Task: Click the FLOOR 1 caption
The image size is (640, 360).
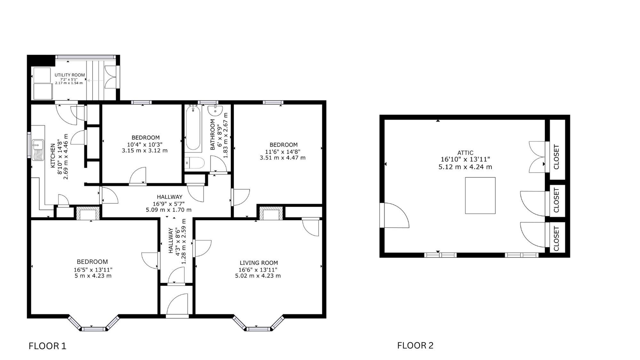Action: click(47, 346)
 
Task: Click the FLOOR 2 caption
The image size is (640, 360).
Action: click(415, 345)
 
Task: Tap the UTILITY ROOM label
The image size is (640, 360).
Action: click(70, 75)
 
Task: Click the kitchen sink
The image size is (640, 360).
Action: click(38, 149)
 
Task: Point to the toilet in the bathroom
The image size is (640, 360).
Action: click(195, 163)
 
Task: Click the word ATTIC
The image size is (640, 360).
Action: click(465, 153)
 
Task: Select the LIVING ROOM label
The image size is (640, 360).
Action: click(259, 263)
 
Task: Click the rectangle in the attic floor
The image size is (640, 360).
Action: click(480, 196)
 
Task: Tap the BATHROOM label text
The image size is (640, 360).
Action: click(213, 134)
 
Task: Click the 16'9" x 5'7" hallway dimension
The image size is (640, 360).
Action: click(169, 204)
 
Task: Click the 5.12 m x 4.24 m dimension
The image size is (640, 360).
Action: click(465, 167)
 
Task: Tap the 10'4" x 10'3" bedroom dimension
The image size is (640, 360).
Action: click(145, 144)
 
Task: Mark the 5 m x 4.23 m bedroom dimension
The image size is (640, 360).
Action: click(93, 276)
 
